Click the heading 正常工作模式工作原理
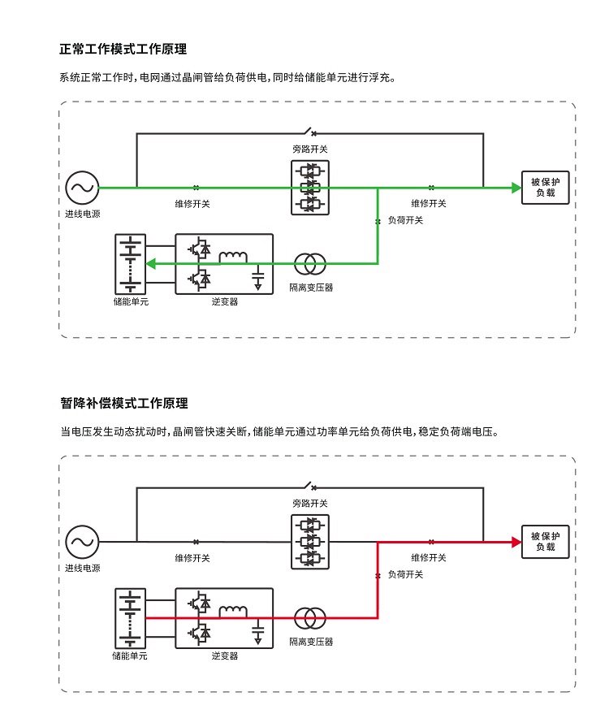click(x=123, y=50)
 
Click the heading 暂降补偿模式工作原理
click(x=123, y=403)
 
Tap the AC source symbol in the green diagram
click(x=81, y=188)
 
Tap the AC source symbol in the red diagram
click(x=81, y=542)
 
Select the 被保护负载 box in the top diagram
click(x=545, y=188)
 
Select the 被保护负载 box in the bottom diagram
click(x=545, y=542)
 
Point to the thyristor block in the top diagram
click(x=309, y=188)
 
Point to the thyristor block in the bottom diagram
click(x=309, y=542)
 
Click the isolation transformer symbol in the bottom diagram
click(x=309, y=617)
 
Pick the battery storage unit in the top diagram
click(x=130, y=264)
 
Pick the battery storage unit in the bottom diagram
click(x=130, y=617)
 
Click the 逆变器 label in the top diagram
click(x=224, y=301)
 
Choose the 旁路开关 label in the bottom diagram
click(x=310, y=504)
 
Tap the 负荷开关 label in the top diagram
click(x=405, y=220)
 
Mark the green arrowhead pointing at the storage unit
click(x=149, y=263)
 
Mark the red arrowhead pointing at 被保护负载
click(x=516, y=542)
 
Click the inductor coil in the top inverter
click(x=234, y=257)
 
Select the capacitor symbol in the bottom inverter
click(x=258, y=631)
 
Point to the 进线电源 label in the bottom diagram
click(x=82, y=568)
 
